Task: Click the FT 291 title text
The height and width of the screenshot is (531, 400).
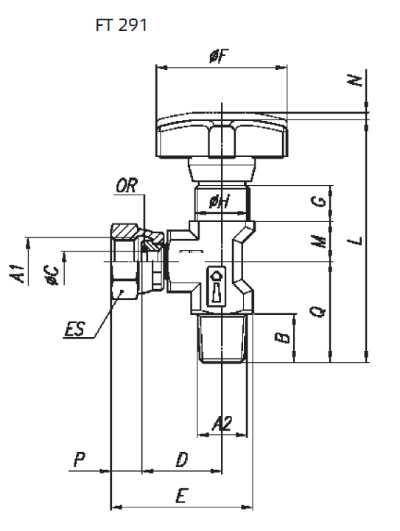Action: (x=121, y=25)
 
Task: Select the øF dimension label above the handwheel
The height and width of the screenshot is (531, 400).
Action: (x=219, y=56)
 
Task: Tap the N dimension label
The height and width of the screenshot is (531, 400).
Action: (x=354, y=80)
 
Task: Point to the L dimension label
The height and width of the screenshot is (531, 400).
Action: (x=355, y=240)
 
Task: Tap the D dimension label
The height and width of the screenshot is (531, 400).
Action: (x=181, y=460)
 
